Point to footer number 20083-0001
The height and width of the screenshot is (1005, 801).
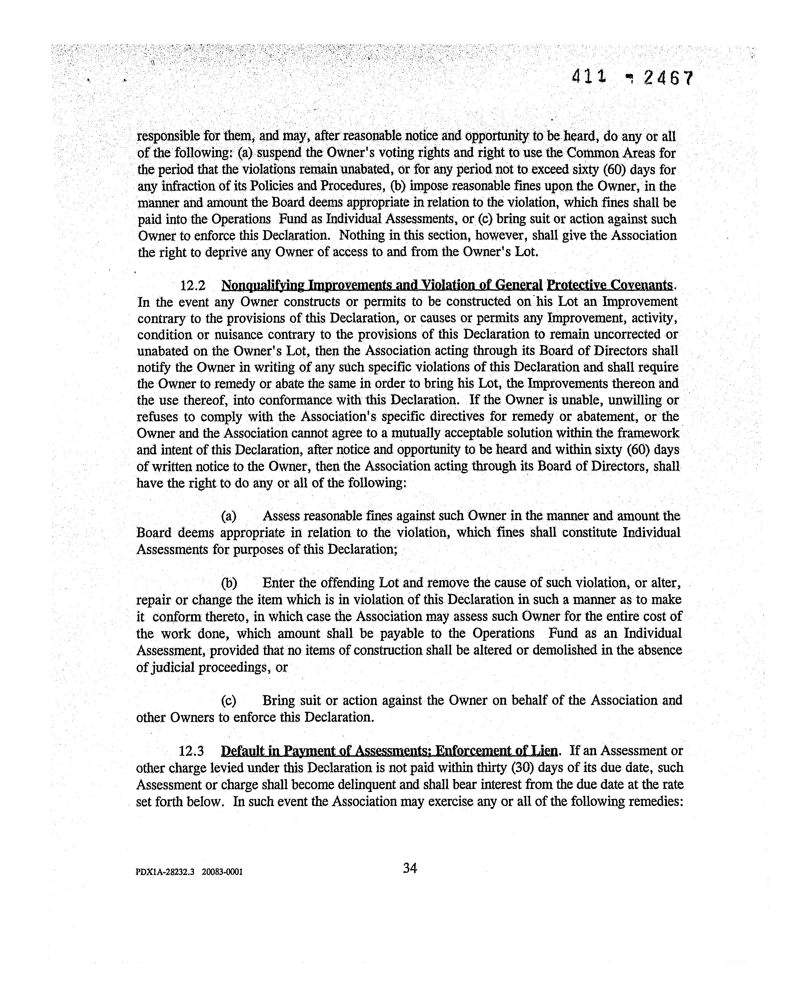(222, 872)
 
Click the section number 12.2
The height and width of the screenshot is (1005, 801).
(193, 285)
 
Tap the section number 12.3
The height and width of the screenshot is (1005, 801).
(191, 751)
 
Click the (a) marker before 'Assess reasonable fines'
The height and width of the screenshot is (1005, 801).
(228, 516)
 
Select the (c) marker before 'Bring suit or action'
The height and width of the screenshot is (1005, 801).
(228, 700)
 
